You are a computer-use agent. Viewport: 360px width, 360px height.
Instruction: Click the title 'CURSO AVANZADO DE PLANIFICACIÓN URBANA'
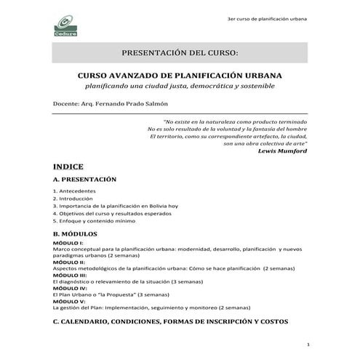click(180, 75)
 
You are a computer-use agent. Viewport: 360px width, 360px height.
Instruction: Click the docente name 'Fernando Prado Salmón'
click(127, 104)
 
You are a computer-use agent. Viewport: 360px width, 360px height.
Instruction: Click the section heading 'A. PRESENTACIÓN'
click(84, 178)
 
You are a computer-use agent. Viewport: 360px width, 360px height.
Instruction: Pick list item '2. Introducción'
click(73, 199)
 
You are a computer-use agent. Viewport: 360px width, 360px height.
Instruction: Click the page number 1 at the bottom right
click(309, 344)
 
